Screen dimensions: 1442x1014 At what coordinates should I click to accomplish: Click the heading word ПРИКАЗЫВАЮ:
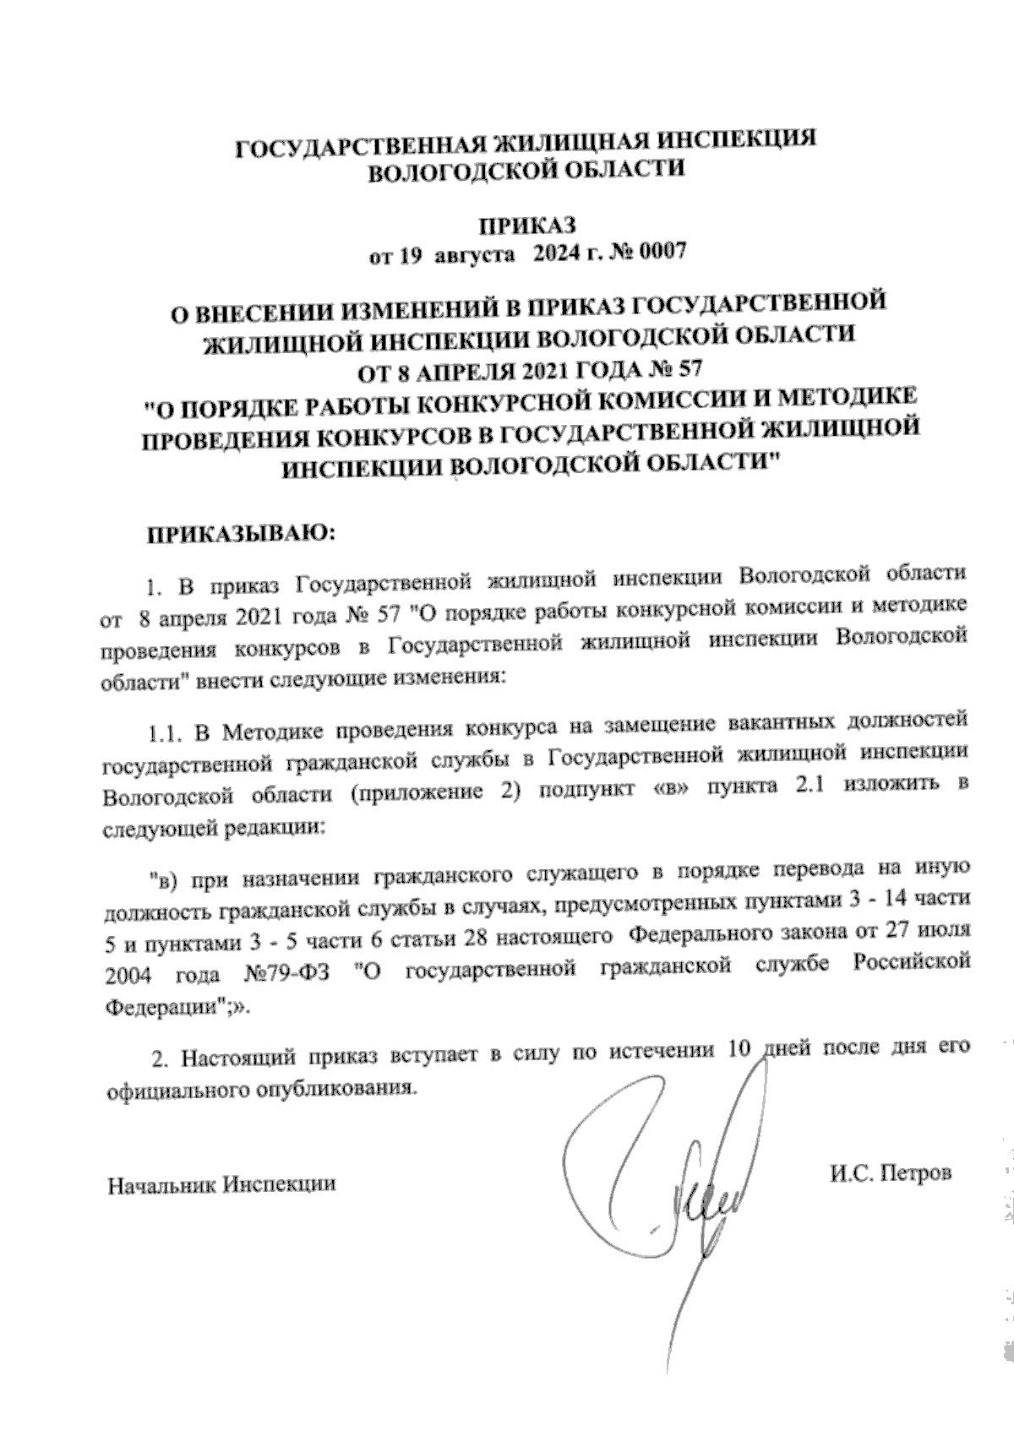tap(243, 534)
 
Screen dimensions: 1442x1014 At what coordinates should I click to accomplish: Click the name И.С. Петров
tap(891, 1173)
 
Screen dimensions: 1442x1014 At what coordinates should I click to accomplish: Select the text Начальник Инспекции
tap(221, 1184)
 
